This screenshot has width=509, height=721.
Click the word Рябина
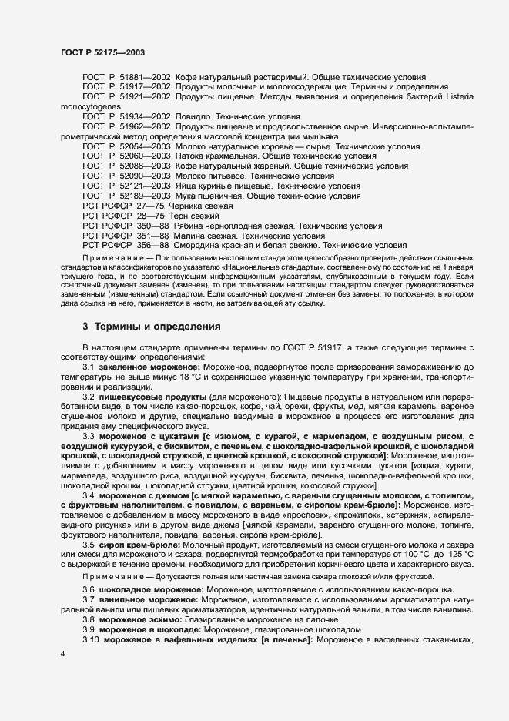190,226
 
